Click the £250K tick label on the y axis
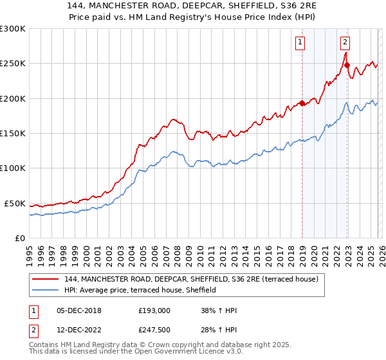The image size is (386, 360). (x=13, y=64)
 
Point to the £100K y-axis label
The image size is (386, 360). (x=13, y=168)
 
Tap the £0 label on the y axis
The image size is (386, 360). (x=19, y=238)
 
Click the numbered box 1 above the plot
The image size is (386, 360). (x=300, y=43)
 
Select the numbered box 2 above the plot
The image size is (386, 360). (x=345, y=43)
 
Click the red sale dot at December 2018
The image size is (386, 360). (x=302, y=103)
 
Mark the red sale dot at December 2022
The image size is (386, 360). (x=347, y=65)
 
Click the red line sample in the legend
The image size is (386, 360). (x=46, y=279)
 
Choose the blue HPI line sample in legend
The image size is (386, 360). (x=46, y=290)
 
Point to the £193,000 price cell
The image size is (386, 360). (x=154, y=310)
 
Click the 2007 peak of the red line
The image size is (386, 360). (x=173, y=119)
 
